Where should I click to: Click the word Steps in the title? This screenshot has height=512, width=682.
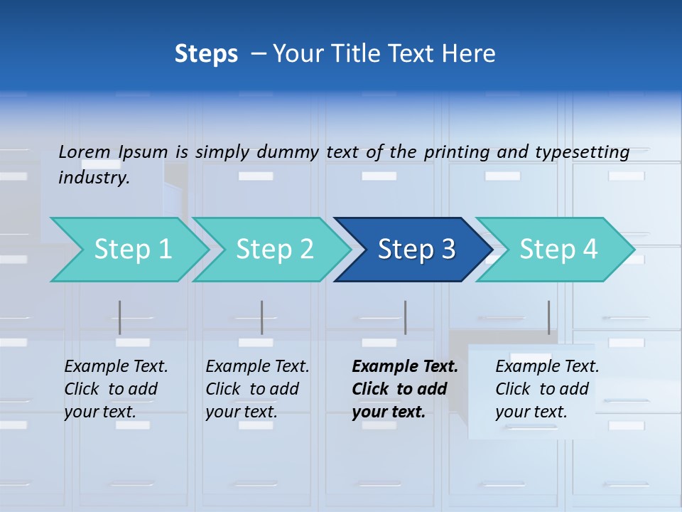pyautogui.click(x=206, y=54)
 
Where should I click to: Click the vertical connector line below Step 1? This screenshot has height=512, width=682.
pyautogui.click(x=120, y=317)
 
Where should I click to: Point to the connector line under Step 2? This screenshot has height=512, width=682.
pyautogui.click(x=262, y=317)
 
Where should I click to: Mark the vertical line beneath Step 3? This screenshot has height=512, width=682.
pyautogui.click(x=405, y=317)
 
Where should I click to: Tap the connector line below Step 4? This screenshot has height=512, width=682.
pyautogui.click(x=548, y=317)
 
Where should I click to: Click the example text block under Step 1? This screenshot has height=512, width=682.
pyautogui.click(x=116, y=389)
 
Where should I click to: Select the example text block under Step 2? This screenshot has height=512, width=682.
pyautogui.click(x=257, y=389)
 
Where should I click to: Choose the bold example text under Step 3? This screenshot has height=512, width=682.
pyautogui.click(x=404, y=389)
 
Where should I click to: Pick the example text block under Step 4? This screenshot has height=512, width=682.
pyautogui.click(x=547, y=389)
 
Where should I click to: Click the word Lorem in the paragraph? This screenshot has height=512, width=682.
pyautogui.click(x=85, y=151)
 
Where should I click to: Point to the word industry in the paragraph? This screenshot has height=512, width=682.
pyautogui.click(x=94, y=178)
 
